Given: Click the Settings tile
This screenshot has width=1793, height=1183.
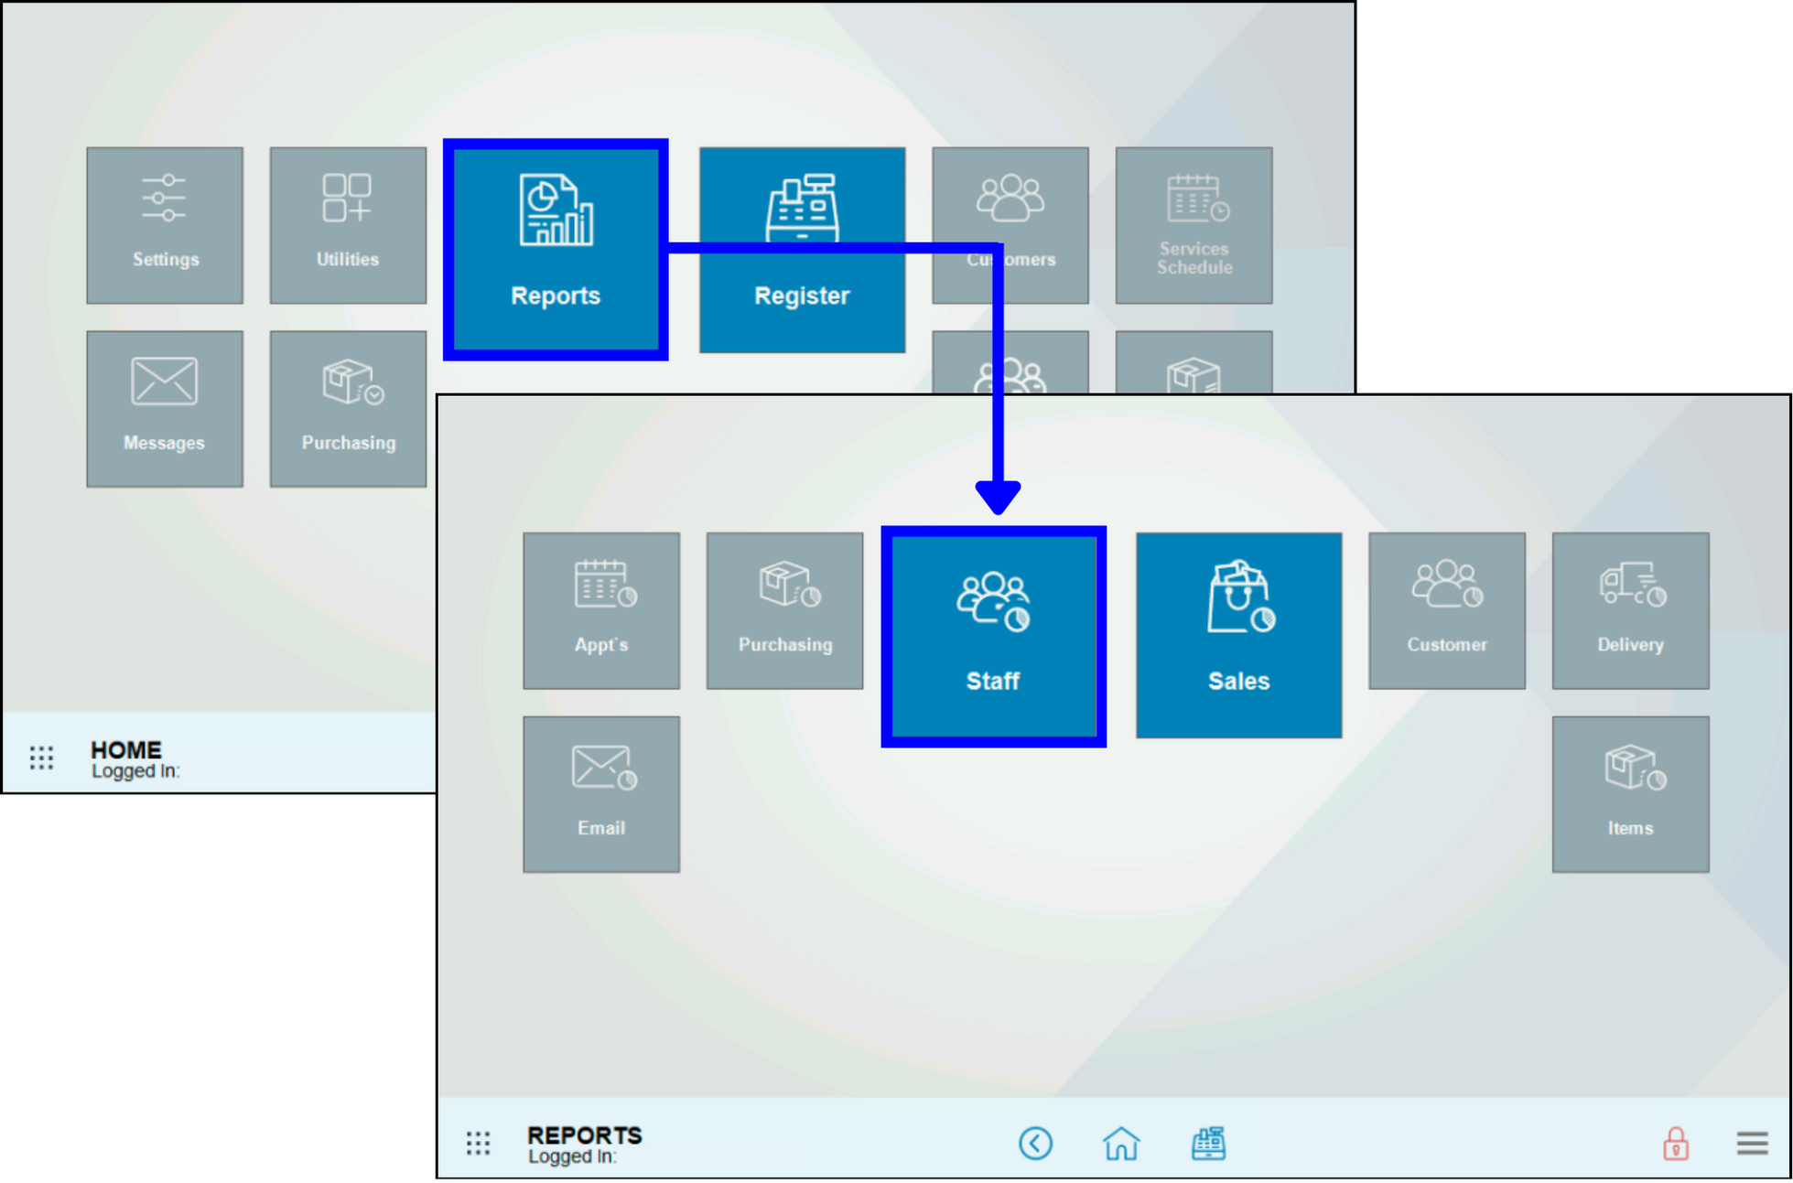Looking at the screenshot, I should coord(165,225).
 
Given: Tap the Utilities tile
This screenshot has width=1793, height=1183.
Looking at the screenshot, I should coord(348,225).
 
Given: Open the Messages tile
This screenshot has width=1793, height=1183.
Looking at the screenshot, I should coord(165,409).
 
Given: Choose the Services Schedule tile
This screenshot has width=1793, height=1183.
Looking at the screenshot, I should coord(1194,225).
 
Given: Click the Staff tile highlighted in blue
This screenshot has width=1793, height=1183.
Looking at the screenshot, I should coord(993,637).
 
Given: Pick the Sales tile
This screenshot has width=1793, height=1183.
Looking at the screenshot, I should coord(1238,635).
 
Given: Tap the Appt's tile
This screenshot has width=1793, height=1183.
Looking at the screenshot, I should coord(601,610).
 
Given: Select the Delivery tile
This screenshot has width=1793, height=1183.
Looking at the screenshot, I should coord(1630,610).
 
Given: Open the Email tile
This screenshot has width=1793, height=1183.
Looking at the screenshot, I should coord(601,794).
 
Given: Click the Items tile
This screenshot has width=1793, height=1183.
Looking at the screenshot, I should coord(1630,794).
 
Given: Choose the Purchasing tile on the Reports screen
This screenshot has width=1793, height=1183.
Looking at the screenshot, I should coord(784,610).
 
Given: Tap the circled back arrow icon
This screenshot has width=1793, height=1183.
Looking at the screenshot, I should coord(1035,1143).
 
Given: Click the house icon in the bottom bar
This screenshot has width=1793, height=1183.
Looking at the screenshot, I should coord(1121,1143).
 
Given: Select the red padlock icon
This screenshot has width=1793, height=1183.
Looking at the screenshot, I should coord(1675,1143).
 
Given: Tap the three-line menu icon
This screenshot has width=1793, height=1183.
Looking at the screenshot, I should coord(1752,1143).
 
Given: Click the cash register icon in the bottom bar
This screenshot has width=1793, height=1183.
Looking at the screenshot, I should coord(1208,1143).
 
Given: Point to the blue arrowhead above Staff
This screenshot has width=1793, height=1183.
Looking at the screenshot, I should coord(998,497).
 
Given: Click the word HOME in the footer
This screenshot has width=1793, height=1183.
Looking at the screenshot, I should coord(126,750).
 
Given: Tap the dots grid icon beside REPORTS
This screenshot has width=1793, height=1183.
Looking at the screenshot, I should coord(478,1143).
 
